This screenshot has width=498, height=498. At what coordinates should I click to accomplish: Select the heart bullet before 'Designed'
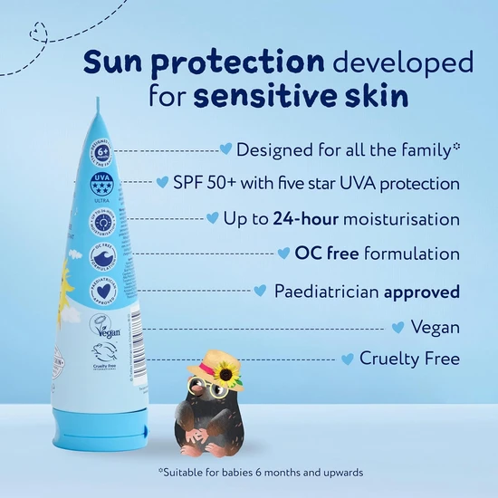click(x=227, y=148)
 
